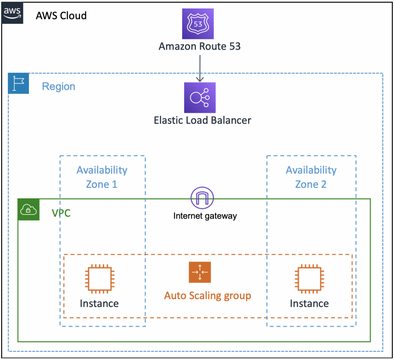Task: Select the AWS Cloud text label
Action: (61, 16)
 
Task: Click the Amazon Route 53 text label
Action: (200, 47)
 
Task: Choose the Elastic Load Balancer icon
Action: (200, 98)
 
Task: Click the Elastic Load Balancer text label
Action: (202, 120)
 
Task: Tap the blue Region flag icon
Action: (18, 84)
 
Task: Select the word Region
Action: (58, 86)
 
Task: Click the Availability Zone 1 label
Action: (102, 177)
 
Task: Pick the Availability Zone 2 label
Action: (311, 177)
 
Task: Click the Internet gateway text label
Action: (205, 216)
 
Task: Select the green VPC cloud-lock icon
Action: (29, 209)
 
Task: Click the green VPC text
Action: (61, 213)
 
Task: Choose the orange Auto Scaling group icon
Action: (200, 272)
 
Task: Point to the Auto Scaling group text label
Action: (208, 296)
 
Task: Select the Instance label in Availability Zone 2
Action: (309, 303)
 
